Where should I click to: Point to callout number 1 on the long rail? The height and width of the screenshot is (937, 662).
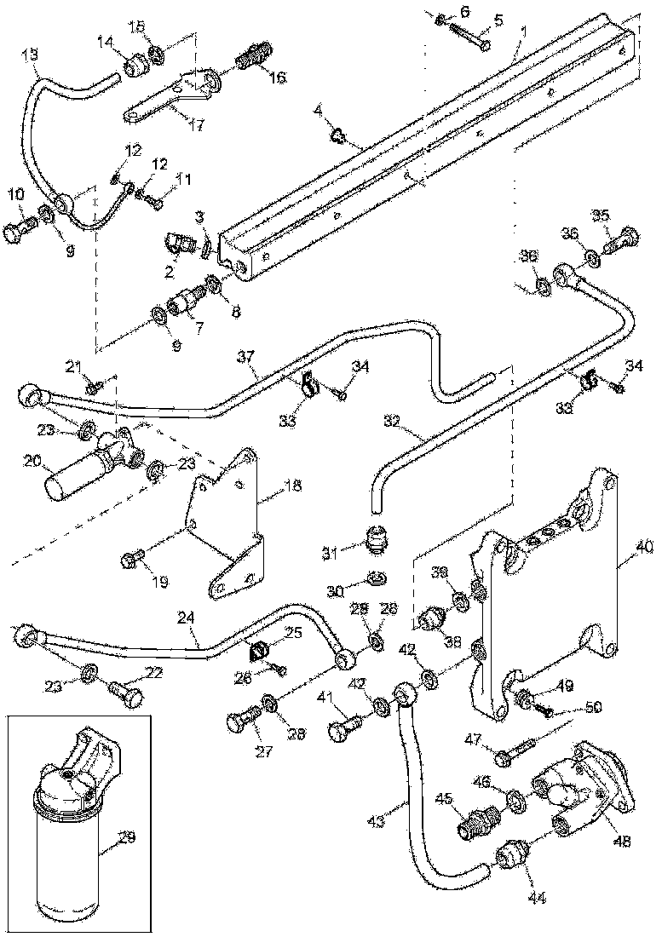tap(523, 32)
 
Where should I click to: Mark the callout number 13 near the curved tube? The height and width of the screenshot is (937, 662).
tap(30, 53)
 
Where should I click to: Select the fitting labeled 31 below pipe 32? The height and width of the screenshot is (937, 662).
tap(376, 539)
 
